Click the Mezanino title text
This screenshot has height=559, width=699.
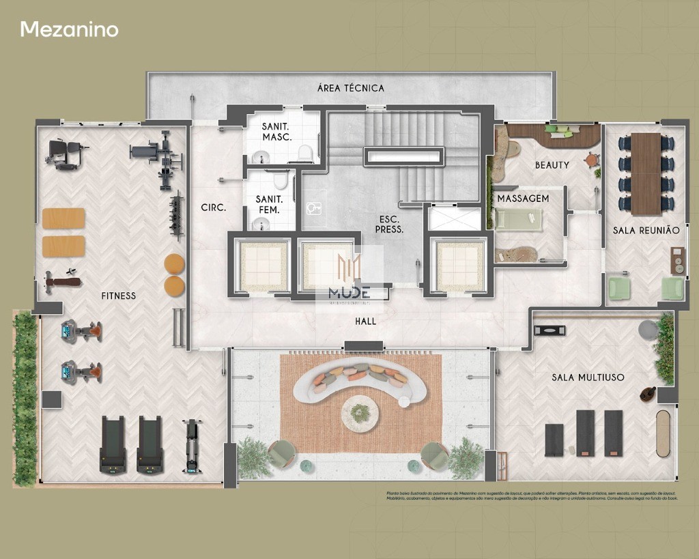[x=69, y=29]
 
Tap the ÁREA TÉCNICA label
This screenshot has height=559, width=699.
[x=351, y=88]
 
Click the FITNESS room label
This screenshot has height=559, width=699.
[x=119, y=296]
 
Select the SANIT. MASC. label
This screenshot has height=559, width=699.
[x=276, y=132]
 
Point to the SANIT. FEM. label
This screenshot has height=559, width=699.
[x=269, y=204]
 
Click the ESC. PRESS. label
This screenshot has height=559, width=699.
[x=391, y=225]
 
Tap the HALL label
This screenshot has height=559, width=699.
[x=365, y=321]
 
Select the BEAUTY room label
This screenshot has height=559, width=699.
[x=552, y=165]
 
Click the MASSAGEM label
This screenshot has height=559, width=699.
[x=523, y=199]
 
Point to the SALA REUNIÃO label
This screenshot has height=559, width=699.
[x=646, y=231]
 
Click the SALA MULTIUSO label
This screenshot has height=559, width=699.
[x=588, y=377]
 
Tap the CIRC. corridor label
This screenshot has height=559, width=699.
[x=213, y=207]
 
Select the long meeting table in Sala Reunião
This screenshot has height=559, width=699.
[x=646, y=173]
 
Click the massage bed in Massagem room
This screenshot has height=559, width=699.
[x=519, y=220]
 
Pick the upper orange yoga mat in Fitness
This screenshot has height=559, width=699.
[x=63, y=218]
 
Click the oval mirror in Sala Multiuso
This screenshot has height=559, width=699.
[x=664, y=433]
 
